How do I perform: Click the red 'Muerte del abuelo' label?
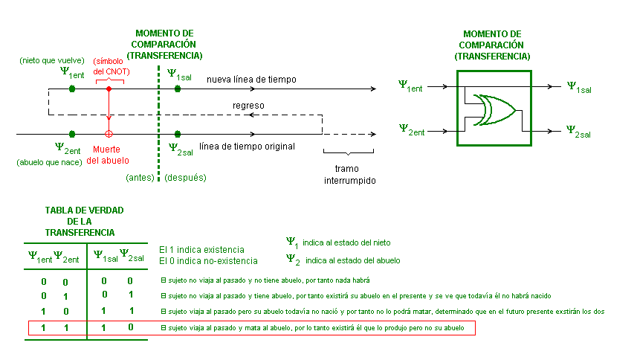(x=109, y=154)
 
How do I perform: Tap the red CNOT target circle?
(x=109, y=134)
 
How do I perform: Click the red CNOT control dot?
(x=109, y=89)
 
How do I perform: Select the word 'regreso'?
(x=248, y=106)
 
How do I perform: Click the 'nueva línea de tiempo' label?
(x=251, y=79)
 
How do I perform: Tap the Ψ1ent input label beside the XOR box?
(x=410, y=86)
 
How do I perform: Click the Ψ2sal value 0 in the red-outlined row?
(x=130, y=327)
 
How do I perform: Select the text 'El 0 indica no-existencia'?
(x=209, y=261)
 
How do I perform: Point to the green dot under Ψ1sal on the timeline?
(x=177, y=89)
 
